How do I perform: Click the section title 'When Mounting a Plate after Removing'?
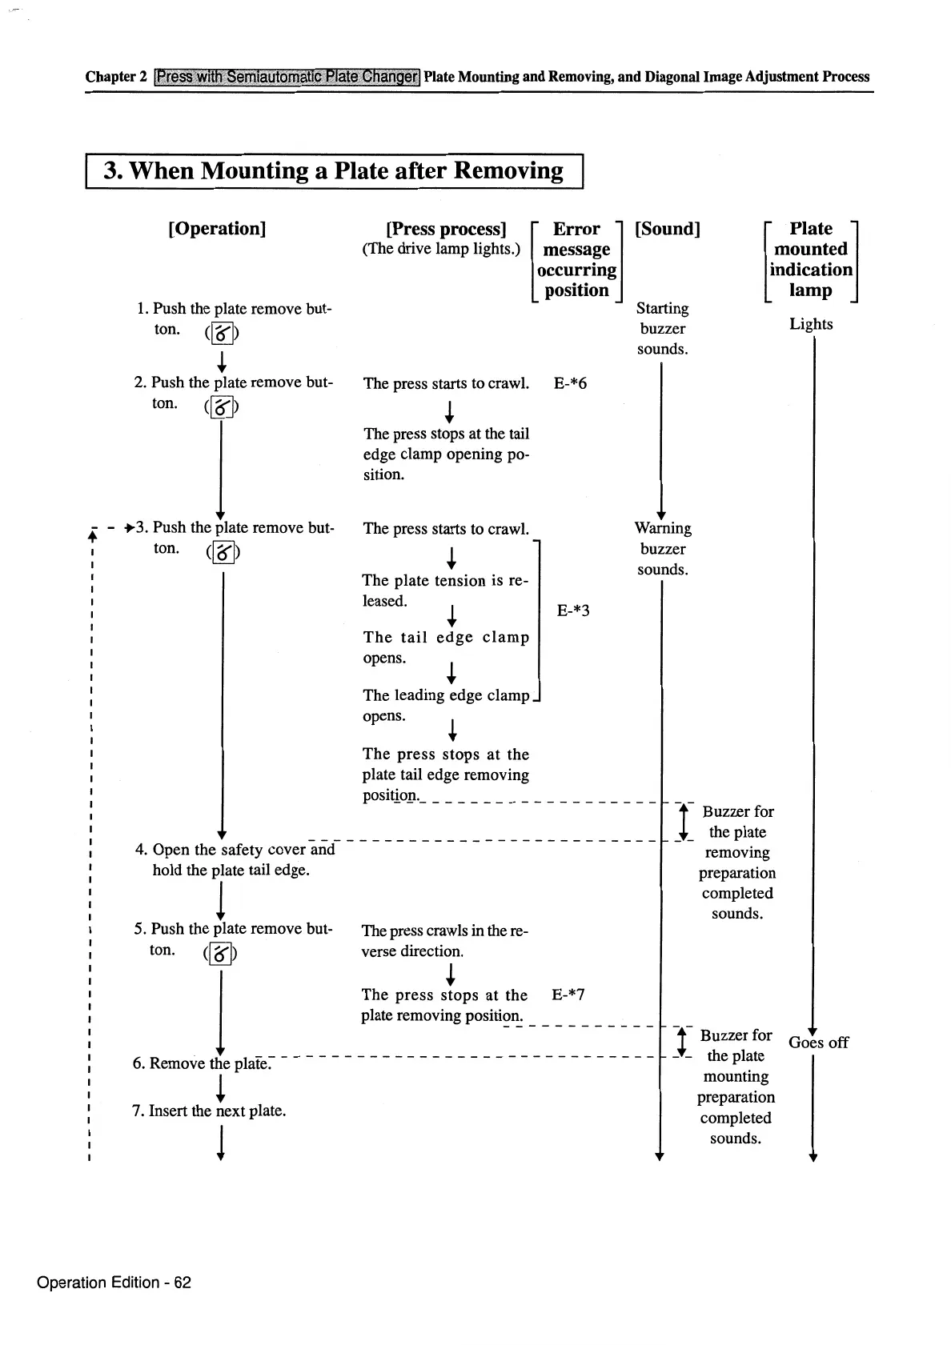pyautogui.click(x=334, y=171)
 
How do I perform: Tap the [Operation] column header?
pyautogui.click(x=217, y=229)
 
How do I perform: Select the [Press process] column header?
pyautogui.click(x=446, y=230)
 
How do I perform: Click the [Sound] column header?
pyautogui.click(x=667, y=230)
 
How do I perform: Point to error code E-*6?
pyautogui.click(x=570, y=384)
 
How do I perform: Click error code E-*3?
pyautogui.click(x=573, y=611)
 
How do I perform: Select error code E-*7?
pyautogui.click(x=568, y=995)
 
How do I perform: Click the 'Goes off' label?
pyautogui.click(x=818, y=1043)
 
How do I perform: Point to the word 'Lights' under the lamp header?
pyautogui.click(x=811, y=324)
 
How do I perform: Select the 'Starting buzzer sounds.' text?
pyautogui.click(x=662, y=329)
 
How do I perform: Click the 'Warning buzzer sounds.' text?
pyautogui.click(x=663, y=549)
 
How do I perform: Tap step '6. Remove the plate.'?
pyautogui.click(x=203, y=1063)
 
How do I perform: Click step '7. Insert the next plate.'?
pyautogui.click(x=209, y=1111)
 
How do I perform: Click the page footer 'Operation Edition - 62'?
pyautogui.click(x=114, y=1283)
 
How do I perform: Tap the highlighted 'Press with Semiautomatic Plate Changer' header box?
pyautogui.click(x=287, y=77)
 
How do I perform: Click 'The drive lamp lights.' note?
pyautogui.click(x=441, y=249)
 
